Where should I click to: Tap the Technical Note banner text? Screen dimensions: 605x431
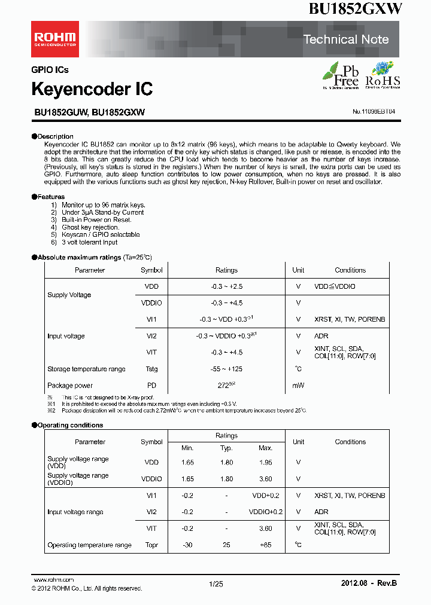tap(346, 39)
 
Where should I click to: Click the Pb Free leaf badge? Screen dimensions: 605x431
tap(341, 75)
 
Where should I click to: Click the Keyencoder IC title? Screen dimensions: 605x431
tap(92, 89)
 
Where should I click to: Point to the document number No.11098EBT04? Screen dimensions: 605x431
tap(374, 111)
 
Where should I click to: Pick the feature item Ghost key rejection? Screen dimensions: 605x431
tap(90, 227)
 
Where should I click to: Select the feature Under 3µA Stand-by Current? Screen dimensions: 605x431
tap(102, 212)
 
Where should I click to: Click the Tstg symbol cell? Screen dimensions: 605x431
tap(151, 369)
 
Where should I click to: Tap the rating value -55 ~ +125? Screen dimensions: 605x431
tap(226, 369)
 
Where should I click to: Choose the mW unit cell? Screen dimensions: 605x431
tap(298, 386)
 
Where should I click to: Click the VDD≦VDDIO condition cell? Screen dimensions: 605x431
tap(335, 287)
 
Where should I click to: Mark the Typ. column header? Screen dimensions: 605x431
tap(226, 448)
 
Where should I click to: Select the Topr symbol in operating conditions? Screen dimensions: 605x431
tap(151, 545)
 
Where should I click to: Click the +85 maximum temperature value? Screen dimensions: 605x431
tap(265, 545)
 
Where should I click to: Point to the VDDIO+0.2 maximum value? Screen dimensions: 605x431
tap(265, 512)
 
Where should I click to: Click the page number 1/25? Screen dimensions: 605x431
tap(216, 583)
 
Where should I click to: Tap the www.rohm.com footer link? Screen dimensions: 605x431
tap(54, 580)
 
